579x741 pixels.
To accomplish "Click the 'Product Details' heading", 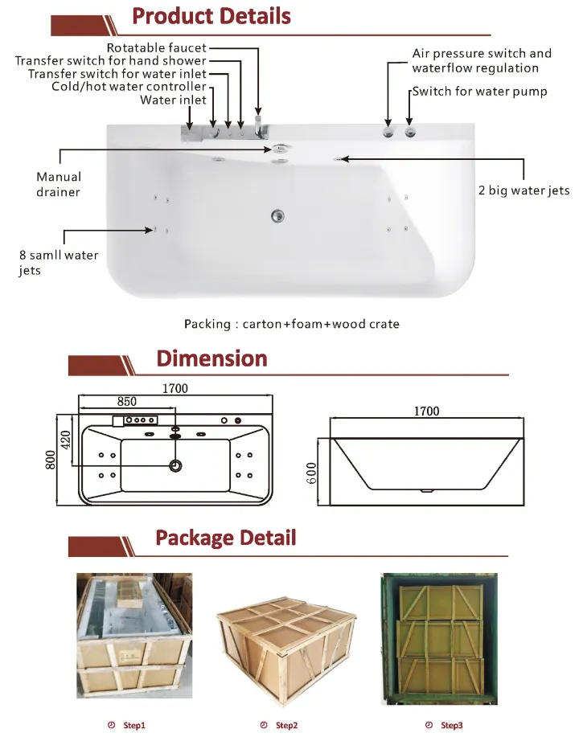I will pyautogui.click(x=211, y=16).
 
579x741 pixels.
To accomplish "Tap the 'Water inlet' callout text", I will pyautogui.click(x=173, y=100).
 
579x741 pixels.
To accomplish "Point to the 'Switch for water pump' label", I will pyautogui.click(x=479, y=92).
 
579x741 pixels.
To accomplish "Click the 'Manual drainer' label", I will pyautogui.click(x=59, y=184).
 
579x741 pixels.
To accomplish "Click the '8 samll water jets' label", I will pyautogui.click(x=59, y=263).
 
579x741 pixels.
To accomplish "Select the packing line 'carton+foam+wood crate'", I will pyautogui.click(x=291, y=324).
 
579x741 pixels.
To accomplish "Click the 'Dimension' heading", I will pyautogui.click(x=211, y=358).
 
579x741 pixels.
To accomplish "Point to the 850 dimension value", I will pyautogui.click(x=127, y=401).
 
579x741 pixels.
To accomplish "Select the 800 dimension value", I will pyautogui.click(x=51, y=459).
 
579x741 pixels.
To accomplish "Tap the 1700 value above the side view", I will pyautogui.click(x=426, y=411).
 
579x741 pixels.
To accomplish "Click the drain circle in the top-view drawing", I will pyautogui.click(x=175, y=465).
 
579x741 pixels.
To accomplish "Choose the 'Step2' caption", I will pyautogui.click(x=286, y=726).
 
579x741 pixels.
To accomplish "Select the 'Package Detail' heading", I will pyautogui.click(x=225, y=538).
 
